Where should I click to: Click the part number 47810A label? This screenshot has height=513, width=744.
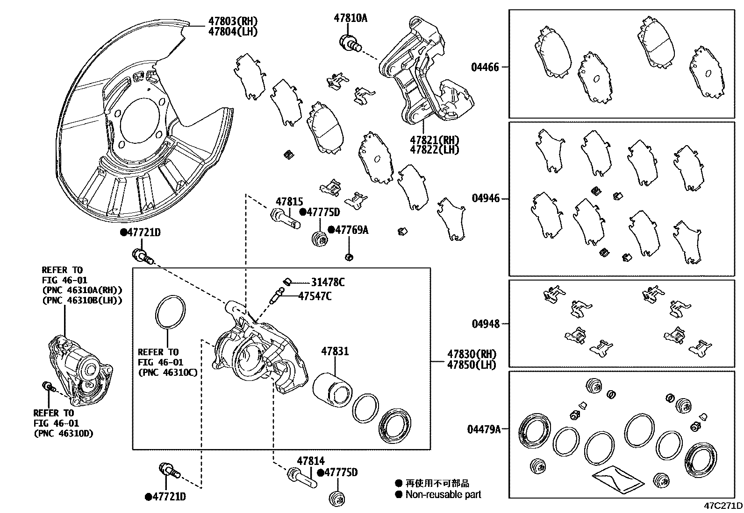(350, 18)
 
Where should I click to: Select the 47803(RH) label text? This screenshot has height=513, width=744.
(233, 21)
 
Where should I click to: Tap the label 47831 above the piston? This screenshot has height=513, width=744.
(335, 351)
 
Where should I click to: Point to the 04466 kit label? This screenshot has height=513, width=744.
(485, 67)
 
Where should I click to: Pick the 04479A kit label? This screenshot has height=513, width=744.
(484, 429)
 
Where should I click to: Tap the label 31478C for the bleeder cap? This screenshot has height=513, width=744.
(328, 282)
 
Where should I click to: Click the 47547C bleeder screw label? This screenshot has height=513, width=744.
(315, 296)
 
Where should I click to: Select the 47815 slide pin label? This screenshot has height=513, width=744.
(289, 202)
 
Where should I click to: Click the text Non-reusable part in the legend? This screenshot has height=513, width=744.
(443, 494)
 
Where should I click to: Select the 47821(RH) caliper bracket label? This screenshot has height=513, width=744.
(434, 140)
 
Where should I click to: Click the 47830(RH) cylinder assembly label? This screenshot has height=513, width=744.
(471, 354)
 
